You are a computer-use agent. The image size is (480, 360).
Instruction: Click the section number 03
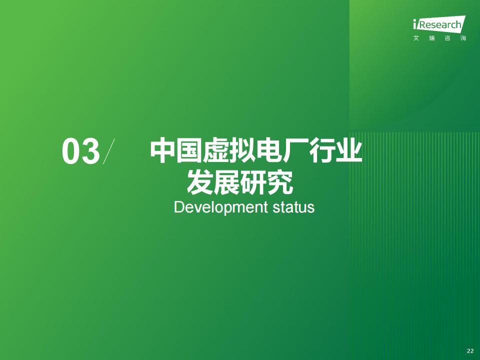tap(81, 151)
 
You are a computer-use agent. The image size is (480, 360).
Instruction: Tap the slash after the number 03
tap(108, 151)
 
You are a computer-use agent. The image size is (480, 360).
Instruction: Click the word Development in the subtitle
tap(220, 207)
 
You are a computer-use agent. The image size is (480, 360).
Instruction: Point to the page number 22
tap(470, 351)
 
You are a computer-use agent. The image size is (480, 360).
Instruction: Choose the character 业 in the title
tap(349, 150)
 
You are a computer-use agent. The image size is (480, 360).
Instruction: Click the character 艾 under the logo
tap(416, 38)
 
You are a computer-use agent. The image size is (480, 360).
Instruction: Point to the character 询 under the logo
tap(463, 38)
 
